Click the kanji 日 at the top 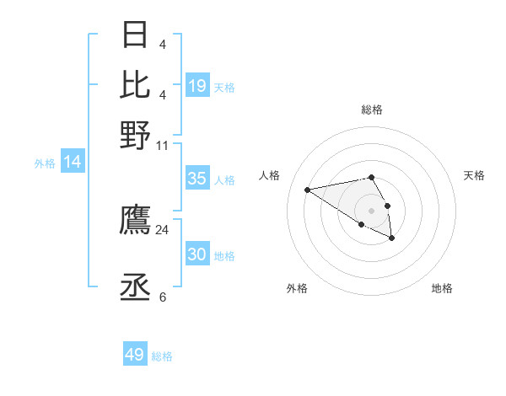tap(135, 35)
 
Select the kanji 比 tap(135, 84)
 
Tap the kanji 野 tap(135, 134)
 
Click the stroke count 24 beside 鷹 tap(162, 229)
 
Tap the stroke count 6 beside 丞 tap(162, 297)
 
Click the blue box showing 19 tap(197, 86)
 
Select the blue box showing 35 tap(197, 179)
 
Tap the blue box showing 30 tap(197, 254)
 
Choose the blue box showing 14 tap(73, 163)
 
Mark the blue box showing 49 tap(135, 355)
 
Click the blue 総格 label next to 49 tap(162, 356)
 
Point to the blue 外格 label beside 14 tap(45, 163)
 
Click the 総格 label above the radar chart tap(371, 110)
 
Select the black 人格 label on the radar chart tap(270, 175)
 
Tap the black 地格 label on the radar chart tap(442, 288)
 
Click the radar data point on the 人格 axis tap(308, 189)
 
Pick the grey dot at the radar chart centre tap(371, 210)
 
